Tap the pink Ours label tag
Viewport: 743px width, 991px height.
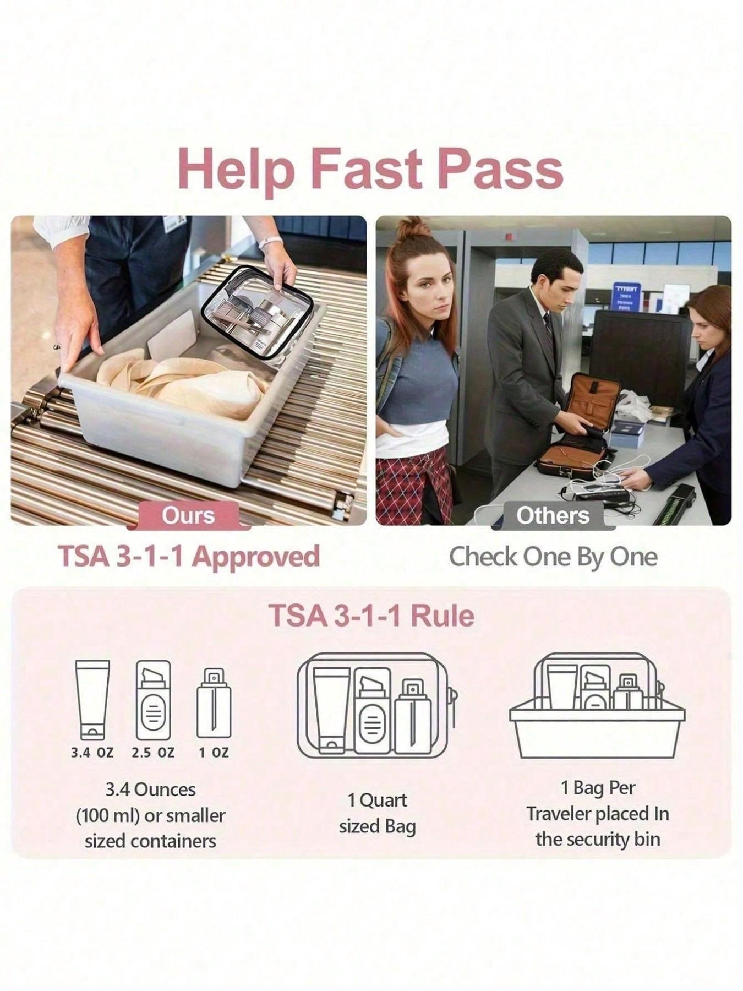click(x=188, y=516)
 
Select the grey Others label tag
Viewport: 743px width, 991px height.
click(x=553, y=516)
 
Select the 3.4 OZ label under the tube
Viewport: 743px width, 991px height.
click(x=92, y=753)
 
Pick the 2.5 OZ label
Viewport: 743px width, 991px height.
click(x=153, y=753)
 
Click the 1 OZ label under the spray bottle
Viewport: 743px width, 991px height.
click(x=214, y=753)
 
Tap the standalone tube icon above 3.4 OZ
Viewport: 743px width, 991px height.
click(x=92, y=700)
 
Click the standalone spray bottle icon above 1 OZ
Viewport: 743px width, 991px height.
click(x=214, y=703)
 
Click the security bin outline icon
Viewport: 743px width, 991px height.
click(x=597, y=706)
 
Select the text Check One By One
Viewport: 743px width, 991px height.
click(x=553, y=557)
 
